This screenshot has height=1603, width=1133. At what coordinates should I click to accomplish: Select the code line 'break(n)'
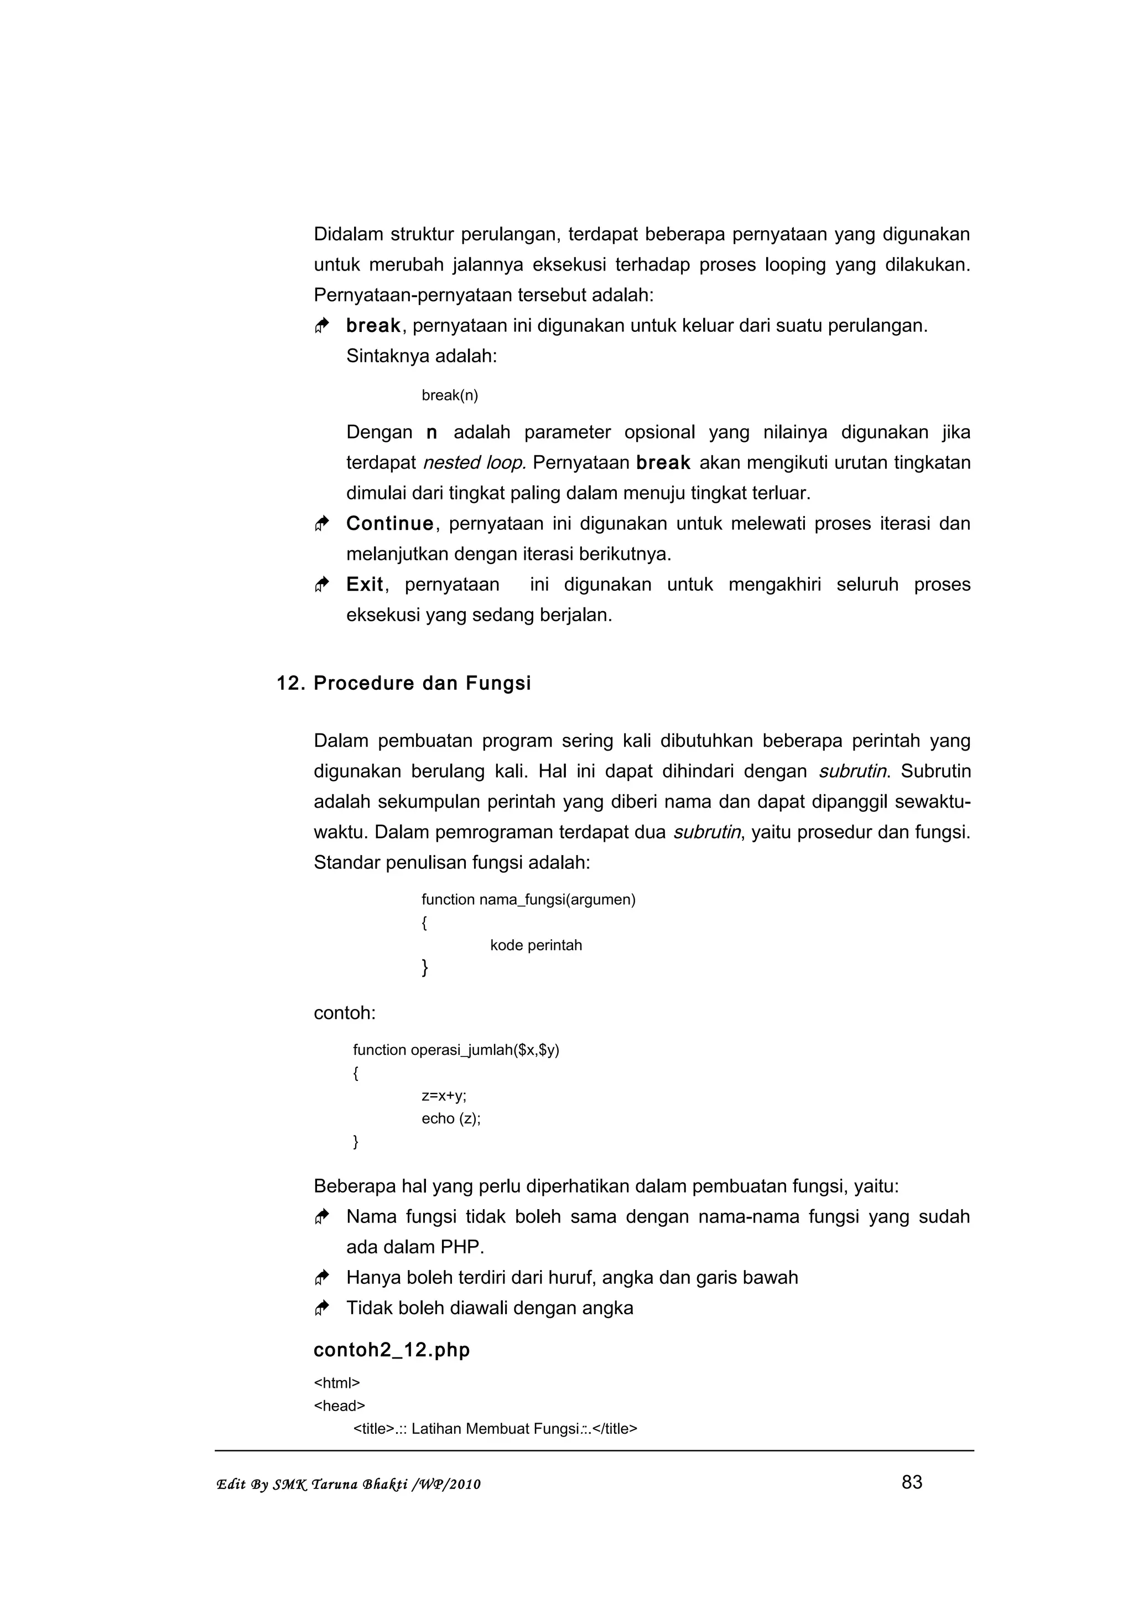(450, 395)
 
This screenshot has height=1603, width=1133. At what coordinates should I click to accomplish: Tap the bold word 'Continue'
(389, 524)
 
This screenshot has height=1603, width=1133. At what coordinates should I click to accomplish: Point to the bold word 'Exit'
(365, 584)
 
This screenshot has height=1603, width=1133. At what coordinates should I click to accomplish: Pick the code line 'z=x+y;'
(444, 1095)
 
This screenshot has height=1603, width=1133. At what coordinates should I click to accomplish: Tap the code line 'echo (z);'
(451, 1118)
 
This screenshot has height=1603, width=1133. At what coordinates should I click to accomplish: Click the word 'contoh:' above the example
(345, 1013)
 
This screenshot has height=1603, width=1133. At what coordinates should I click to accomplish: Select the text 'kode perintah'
(536, 945)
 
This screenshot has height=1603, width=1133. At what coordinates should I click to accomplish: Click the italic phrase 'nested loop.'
(474, 463)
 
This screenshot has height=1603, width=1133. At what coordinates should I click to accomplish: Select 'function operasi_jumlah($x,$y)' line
(456, 1050)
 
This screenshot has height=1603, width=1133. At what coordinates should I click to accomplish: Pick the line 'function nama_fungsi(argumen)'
(528, 899)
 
